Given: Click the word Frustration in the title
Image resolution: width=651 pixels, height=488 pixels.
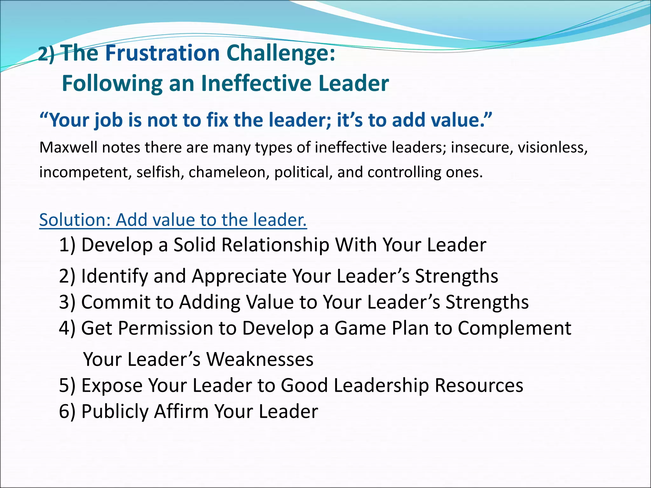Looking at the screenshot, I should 162,53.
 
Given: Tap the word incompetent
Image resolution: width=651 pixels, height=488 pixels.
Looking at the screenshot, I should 85,172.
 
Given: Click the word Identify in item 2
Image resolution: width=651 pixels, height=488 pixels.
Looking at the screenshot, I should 115,276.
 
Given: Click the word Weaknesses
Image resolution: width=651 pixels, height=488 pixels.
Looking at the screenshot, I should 260,359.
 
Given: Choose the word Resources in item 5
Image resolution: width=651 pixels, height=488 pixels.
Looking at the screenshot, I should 479,385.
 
